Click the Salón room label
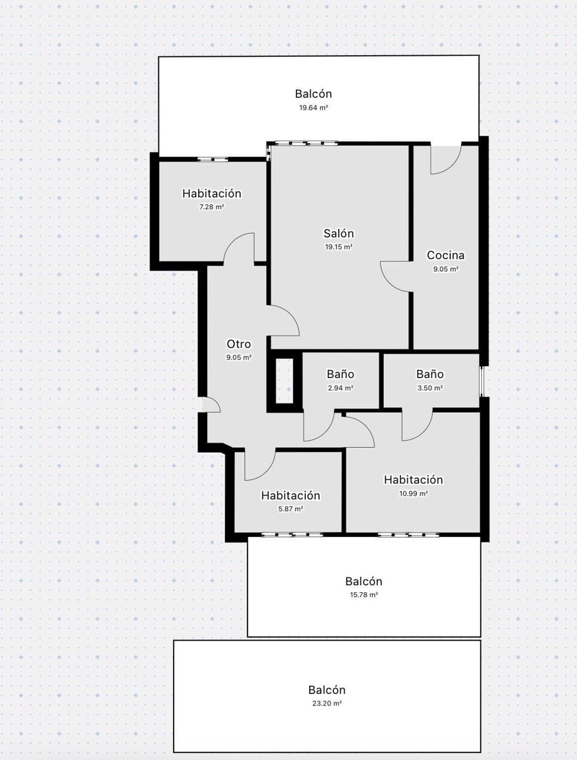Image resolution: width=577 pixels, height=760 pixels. [339, 234]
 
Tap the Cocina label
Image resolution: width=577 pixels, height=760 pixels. [445, 255]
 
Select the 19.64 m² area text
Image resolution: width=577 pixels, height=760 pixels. [314, 108]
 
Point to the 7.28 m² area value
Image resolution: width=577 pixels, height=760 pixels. [212, 207]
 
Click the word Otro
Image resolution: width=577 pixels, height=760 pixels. [239, 345]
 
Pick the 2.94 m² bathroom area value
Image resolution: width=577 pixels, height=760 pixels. [340, 388]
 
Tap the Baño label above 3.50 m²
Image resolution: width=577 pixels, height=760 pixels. [429, 374]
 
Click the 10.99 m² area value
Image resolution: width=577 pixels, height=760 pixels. [413, 493]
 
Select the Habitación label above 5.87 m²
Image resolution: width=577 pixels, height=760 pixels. [291, 495]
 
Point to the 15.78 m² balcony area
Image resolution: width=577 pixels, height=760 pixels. [364, 595]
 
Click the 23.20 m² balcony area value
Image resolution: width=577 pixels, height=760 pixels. [327, 704]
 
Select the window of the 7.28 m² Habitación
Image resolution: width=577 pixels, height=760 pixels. [212, 160]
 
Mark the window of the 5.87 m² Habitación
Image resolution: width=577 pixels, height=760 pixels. [293, 535]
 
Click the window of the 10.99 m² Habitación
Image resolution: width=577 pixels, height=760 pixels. [409, 535]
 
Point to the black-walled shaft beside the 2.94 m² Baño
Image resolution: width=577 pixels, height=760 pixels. [284, 381]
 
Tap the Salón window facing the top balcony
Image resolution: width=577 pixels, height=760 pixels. [303, 144]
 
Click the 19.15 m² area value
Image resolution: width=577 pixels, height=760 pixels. [339, 247]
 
